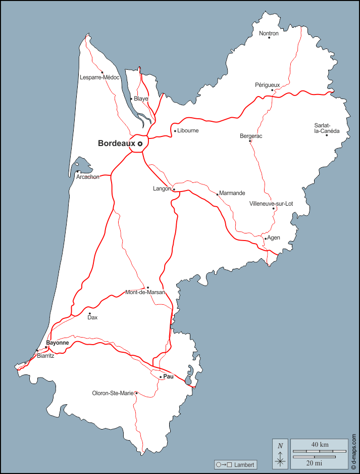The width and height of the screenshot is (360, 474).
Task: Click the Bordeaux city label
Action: pos(117,144)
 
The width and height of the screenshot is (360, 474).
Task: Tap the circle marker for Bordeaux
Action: pos(140,144)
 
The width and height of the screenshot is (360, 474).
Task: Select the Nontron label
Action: pos(269,33)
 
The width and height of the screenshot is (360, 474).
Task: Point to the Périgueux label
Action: pos(267,84)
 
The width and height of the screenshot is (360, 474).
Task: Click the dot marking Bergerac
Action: pos(250,141)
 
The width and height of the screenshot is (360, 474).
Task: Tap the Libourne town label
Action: pos(188,130)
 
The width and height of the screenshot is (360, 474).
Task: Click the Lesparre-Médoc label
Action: pos(99,77)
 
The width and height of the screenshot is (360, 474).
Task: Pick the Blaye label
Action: pos(141,99)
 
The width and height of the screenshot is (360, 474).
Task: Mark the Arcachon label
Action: pos(88,177)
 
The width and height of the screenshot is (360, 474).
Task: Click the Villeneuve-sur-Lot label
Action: pos(271,204)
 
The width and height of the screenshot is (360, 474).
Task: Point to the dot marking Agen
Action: pos(266,239)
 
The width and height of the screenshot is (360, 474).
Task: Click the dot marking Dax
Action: pos(89,313)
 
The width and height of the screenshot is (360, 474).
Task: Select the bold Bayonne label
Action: pos(58,343)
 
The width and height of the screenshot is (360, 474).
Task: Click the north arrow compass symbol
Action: pos(280,454)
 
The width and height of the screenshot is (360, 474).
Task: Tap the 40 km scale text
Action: pos(320,444)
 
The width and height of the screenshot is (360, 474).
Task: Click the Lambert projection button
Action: pos(236,464)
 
